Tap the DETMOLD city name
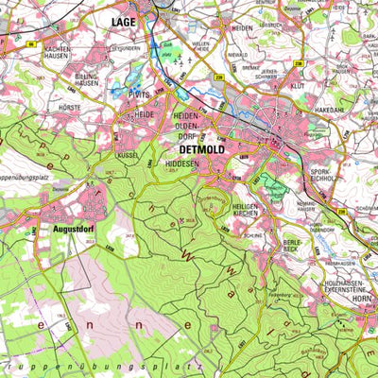point(198,149)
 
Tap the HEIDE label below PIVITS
point(146,114)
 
